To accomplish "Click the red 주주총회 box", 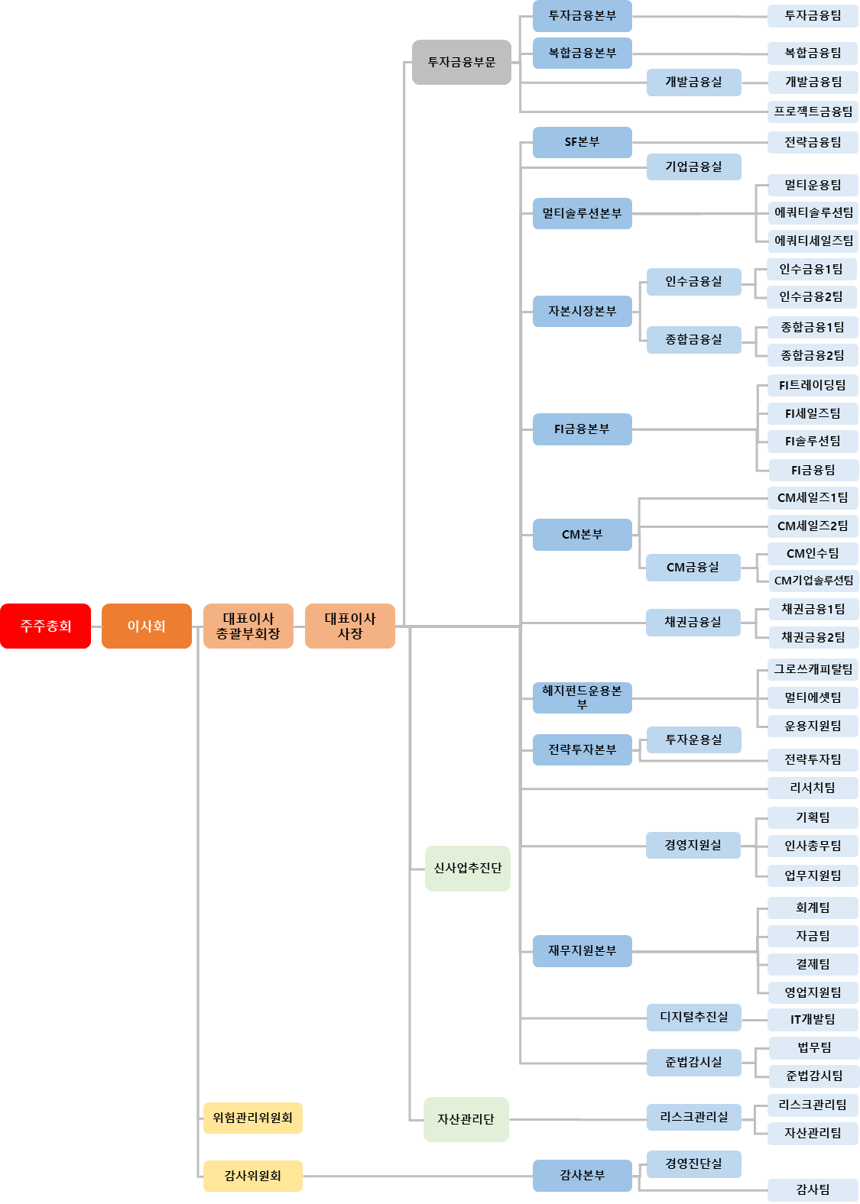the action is [45, 626].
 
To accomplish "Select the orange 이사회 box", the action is [146, 626].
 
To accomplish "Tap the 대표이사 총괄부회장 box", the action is [248, 626].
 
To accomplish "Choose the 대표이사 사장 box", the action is [349, 626].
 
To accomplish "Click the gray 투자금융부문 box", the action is [462, 63].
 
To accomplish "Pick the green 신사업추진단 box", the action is [467, 869].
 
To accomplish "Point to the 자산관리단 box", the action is [466, 1120].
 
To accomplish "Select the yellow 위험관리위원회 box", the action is [253, 1118].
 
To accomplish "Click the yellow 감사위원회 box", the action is [253, 1176].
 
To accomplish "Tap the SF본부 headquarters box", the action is [582, 142].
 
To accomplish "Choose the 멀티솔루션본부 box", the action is [582, 213].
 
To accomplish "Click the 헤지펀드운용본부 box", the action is [582, 697].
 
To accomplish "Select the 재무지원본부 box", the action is [582, 951].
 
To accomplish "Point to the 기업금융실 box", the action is [694, 167].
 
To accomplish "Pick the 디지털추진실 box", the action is [694, 1018].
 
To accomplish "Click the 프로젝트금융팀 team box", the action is [813, 112].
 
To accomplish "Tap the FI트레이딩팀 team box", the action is [813, 385].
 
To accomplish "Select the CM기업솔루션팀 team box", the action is [813, 581].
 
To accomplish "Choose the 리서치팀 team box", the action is [813, 788].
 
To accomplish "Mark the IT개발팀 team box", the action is [813, 1019].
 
